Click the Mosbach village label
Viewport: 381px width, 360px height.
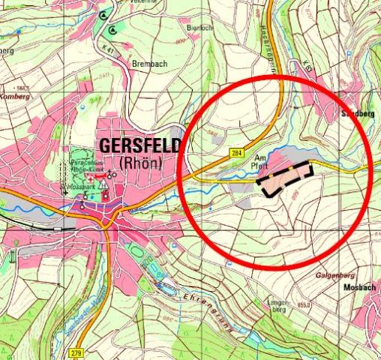tap(358, 287)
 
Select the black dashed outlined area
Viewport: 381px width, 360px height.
tap(285, 180)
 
